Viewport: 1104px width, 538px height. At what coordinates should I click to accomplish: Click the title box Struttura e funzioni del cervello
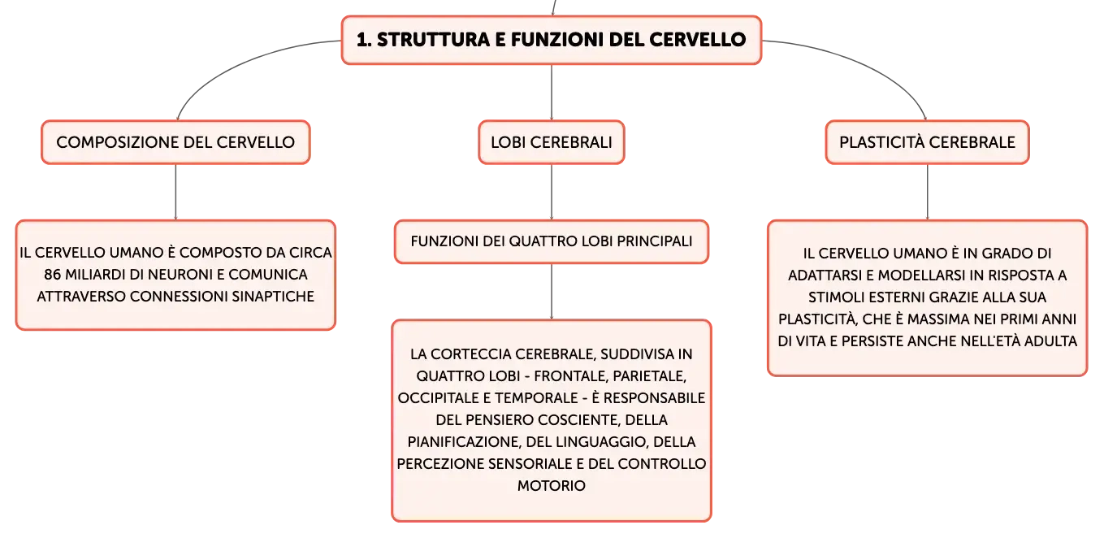coord(552,40)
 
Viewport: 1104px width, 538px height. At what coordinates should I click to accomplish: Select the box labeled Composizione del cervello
coord(175,142)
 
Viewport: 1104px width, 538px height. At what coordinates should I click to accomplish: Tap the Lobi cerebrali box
coord(552,142)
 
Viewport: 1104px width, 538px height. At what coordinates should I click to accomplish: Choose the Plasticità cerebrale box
coord(927,142)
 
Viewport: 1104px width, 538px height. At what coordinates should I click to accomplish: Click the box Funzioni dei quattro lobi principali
coord(552,241)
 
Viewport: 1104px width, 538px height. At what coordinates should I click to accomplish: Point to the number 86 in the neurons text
coord(52,274)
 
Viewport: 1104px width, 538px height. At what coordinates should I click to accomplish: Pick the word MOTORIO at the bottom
coord(552,486)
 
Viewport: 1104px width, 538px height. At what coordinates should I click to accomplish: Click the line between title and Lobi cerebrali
coord(552,92)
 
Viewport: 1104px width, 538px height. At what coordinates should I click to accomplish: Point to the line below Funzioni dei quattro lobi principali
coord(552,292)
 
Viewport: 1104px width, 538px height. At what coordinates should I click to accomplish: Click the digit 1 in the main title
coord(362,40)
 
